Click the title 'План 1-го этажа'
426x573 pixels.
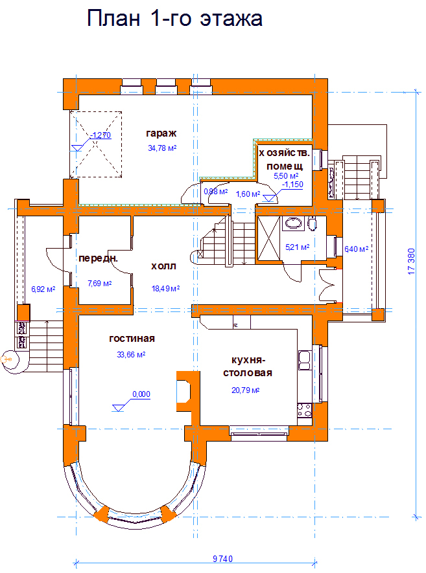click(x=174, y=19)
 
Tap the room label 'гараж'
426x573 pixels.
click(x=161, y=134)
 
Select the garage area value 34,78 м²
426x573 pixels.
click(x=162, y=148)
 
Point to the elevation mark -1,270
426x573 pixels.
click(x=101, y=135)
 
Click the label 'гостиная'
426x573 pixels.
click(x=132, y=339)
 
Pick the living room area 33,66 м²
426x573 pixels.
click(x=131, y=354)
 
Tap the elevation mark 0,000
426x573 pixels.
click(x=141, y=394)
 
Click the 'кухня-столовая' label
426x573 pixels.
click(x=248, y=366)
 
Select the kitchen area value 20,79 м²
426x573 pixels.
click(x=245, y=390)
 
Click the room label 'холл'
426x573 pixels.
click(x=163, y=266)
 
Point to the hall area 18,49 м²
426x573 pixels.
click(x=165, y=289)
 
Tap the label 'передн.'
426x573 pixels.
click(x=98, y=259)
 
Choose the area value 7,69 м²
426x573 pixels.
click(x=100, y=283)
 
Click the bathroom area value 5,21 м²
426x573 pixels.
click(x=297, y=247)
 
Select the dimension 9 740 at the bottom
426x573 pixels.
click(x=222, y=559)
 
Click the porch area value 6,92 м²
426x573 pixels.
click(x=43, y=289)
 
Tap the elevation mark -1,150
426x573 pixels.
click(x=293, y=185)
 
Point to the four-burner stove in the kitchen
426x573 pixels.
click(x=304, y=410)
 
